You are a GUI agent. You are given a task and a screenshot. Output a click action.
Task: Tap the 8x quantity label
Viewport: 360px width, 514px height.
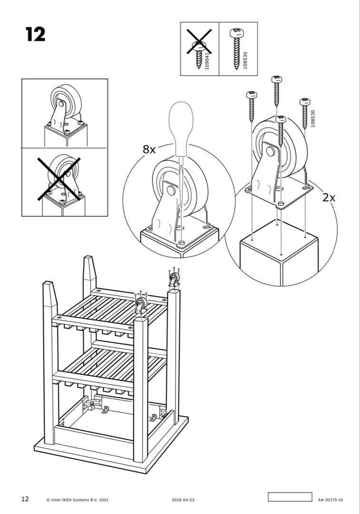[149, 149]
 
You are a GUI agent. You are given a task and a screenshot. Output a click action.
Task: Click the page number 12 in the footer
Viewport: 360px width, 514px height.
[25, 499]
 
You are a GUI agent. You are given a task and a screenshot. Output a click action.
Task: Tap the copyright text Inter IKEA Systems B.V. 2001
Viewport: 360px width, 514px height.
[78, 500]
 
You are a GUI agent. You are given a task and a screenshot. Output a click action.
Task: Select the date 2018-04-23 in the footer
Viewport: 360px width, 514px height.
[183, 500]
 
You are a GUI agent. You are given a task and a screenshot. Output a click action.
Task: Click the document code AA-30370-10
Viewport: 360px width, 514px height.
[331, 500]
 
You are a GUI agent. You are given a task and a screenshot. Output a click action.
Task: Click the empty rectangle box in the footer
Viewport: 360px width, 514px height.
[290, 497]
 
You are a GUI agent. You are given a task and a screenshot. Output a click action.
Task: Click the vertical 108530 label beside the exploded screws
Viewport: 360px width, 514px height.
[312, 119]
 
